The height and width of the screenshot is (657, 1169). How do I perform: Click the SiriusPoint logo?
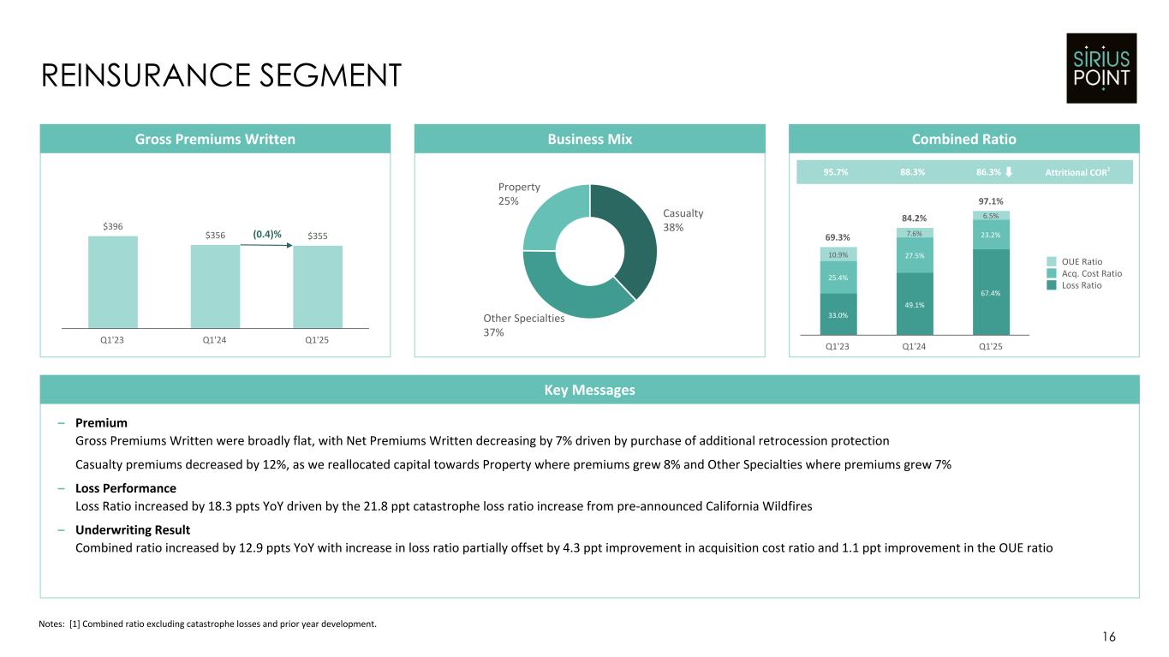(1101, 68)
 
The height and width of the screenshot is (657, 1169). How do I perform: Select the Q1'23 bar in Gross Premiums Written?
(113, 282)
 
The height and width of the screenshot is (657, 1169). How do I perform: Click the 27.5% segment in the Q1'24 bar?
(914, 254)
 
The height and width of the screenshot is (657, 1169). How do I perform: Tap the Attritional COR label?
(1077, 172)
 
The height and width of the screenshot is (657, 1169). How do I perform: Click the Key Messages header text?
(588, 390)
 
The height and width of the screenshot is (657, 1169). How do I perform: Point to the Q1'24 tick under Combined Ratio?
(914, 348)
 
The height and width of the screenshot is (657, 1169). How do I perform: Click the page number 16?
(1109, 636)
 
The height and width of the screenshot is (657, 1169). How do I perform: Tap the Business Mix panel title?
(589, 139)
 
